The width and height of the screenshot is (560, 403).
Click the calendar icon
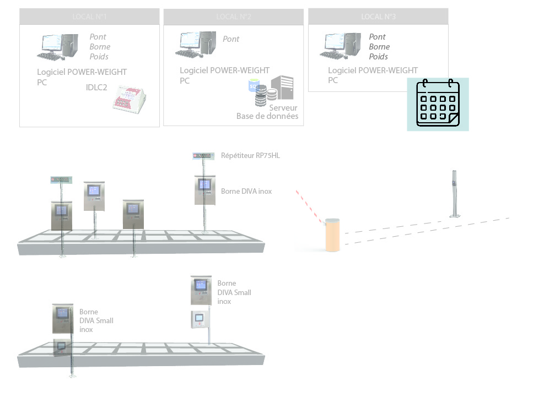click(438, 104)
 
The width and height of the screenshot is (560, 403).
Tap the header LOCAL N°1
click(89, 17)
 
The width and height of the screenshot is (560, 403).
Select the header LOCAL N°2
click(234, 17)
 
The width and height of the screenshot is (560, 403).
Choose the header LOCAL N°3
click(378, 17)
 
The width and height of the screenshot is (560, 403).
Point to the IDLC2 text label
click(96, 87)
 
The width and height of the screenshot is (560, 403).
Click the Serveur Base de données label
click(268, 112)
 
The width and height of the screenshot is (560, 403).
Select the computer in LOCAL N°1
click(57, 47)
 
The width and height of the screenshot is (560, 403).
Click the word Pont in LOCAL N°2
click(231, 39)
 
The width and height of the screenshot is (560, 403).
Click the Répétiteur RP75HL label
click(250, 156)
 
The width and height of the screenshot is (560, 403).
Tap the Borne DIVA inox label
click(246, 191)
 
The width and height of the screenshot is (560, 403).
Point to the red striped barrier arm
click(309, 207)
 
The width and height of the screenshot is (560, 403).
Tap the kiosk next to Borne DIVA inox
click(204, 189)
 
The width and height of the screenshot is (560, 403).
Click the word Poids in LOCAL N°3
click(378, 57)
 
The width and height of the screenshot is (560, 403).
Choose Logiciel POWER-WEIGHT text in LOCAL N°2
click(225, 70)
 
